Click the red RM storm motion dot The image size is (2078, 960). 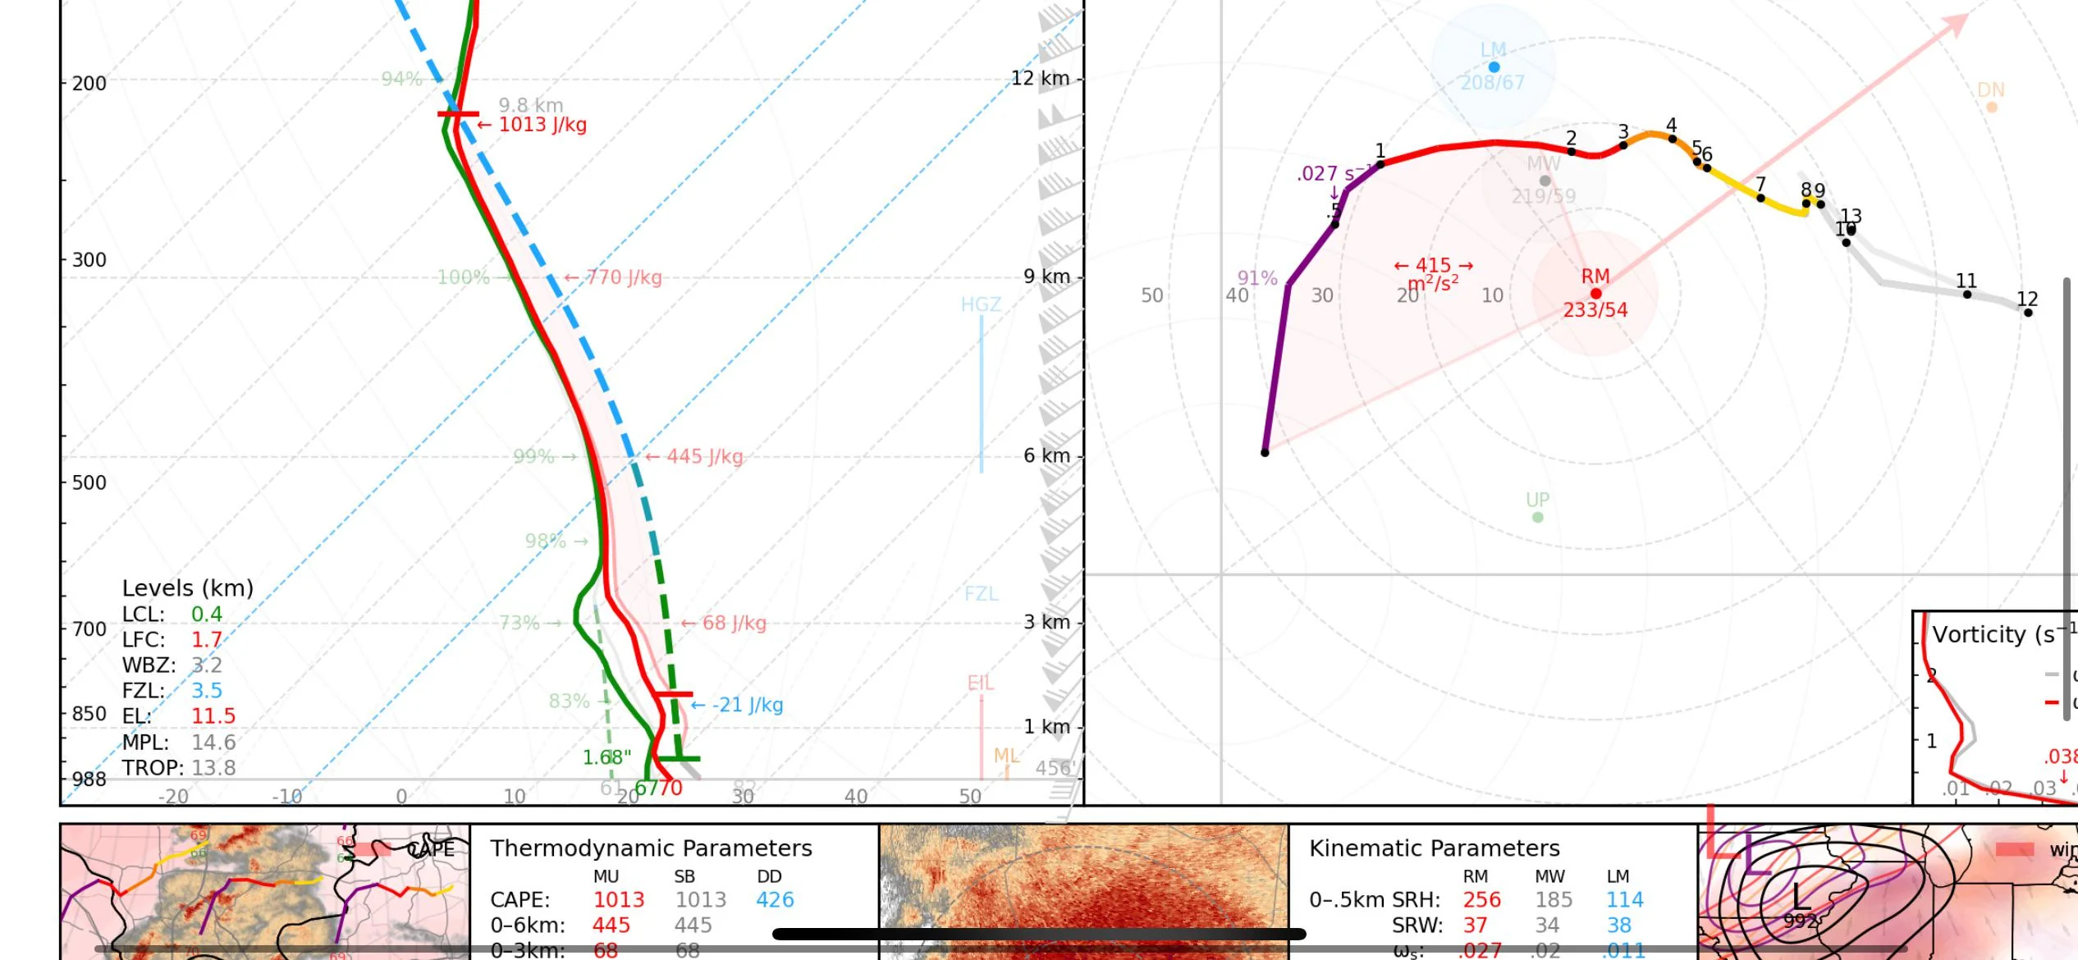[x=1595, y=293]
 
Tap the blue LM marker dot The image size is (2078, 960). [x=1494, y=66]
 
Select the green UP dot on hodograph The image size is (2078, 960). [x=1537, y=517]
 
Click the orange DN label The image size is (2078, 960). [x=1991, y=89]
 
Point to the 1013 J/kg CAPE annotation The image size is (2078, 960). [x=542, y=125]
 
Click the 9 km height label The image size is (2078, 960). [x=1046, y=277]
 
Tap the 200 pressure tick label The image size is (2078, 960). [x=89, y=83]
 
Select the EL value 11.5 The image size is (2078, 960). [x=213, y=715]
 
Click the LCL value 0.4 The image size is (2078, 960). [x=207, y=614]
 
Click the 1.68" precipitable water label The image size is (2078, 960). [x=606, y=757]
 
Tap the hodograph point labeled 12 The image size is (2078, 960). [x=2027, y=312]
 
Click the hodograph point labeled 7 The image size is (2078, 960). [x=1760, y=198]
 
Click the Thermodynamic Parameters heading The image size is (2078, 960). [x=651, y=848]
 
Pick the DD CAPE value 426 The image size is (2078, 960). [x=775, y=899]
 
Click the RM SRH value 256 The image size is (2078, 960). [x=1481, y=899]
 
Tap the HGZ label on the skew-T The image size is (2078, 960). [x=981, y=304]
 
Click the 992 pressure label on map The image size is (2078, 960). [x=1800, y=921]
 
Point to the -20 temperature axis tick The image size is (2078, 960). [x=172, y=796]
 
